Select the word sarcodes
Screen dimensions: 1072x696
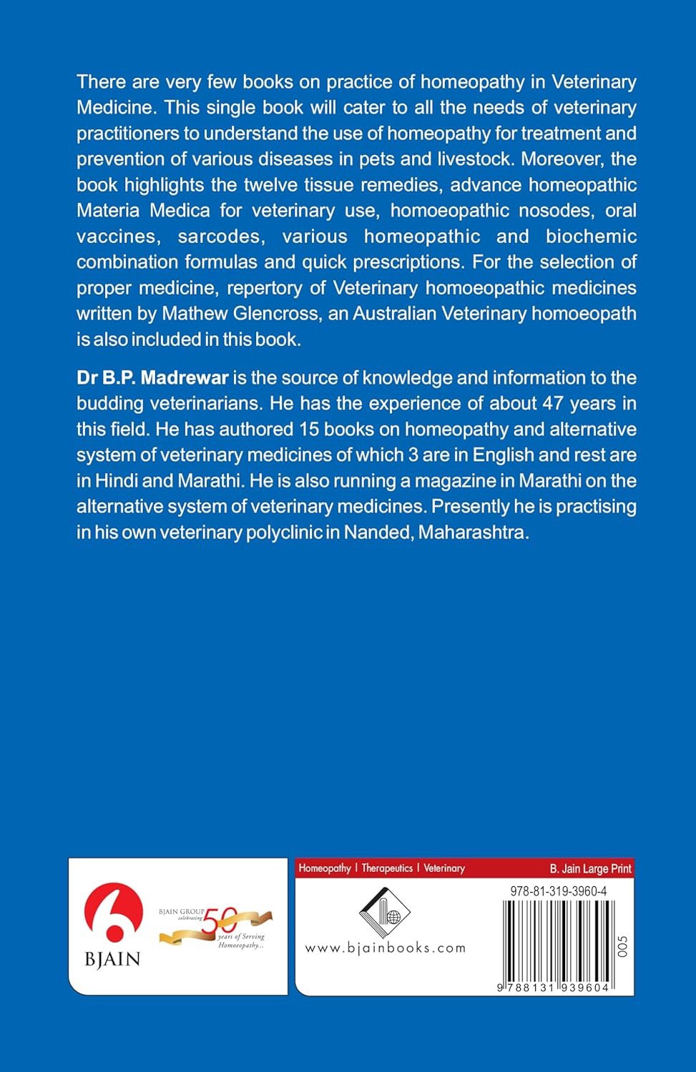pyautogui.click(x=220, y=237)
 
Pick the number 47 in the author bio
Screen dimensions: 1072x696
pyautogui.click(x=553, y=404)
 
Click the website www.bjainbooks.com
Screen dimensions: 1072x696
pyautogui.click(x=385, y=948)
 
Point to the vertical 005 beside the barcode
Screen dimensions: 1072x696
pyautogui.click(x=622, y=946)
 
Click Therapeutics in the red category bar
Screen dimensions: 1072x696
pyautogui.click(x=387, y=868)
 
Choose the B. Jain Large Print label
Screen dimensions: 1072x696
pyautogui.click(x=590, y=869)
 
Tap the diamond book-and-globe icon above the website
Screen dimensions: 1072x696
pyautogui.click(x=384, y=913)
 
